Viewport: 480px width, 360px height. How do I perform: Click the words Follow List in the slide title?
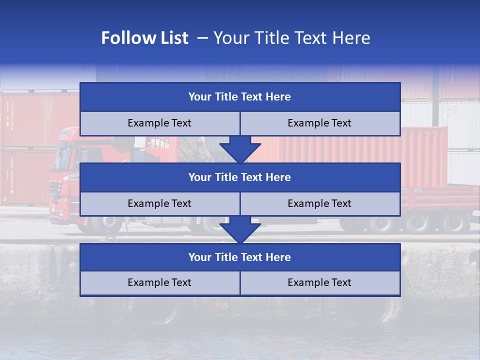144,38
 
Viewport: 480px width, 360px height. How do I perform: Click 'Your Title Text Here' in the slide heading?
292,38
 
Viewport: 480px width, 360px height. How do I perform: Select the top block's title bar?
240,97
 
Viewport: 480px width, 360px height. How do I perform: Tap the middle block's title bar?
240,177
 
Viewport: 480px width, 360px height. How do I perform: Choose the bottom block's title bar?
240,257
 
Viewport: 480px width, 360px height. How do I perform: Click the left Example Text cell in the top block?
159,123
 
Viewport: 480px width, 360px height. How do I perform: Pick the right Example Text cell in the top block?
320,123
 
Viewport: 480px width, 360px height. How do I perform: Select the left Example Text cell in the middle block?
159,204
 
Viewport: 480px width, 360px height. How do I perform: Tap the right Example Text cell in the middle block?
320,204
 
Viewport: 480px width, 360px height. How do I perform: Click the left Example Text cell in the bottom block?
159,283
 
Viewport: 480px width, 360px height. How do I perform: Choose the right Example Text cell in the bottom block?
320,283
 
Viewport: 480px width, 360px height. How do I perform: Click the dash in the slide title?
202,38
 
